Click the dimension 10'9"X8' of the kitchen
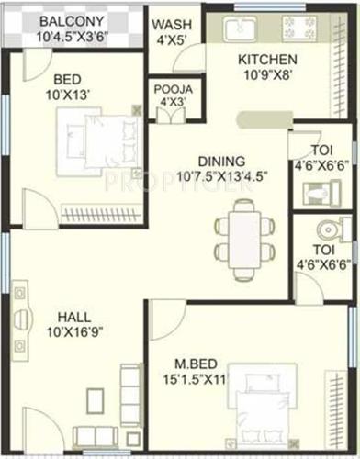click(266, 75)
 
